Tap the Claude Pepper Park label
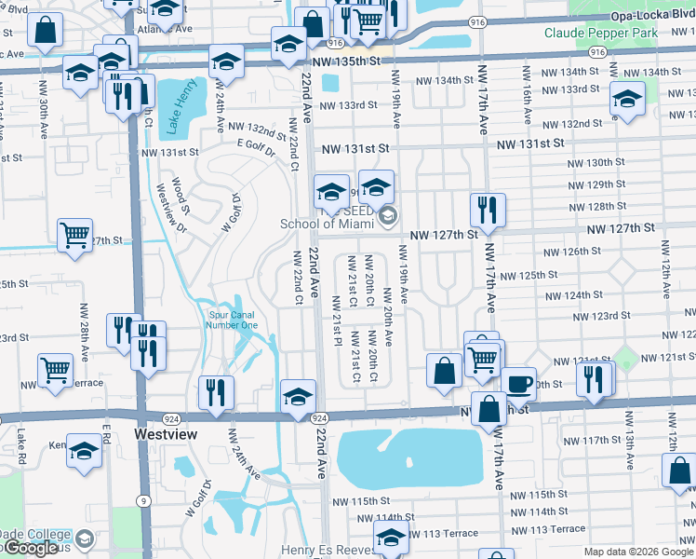pos(614,33)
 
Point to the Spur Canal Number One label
pos(232,320)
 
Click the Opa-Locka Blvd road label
pos(652,17)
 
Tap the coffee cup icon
pos(519,383)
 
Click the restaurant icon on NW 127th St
pos(487,211)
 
